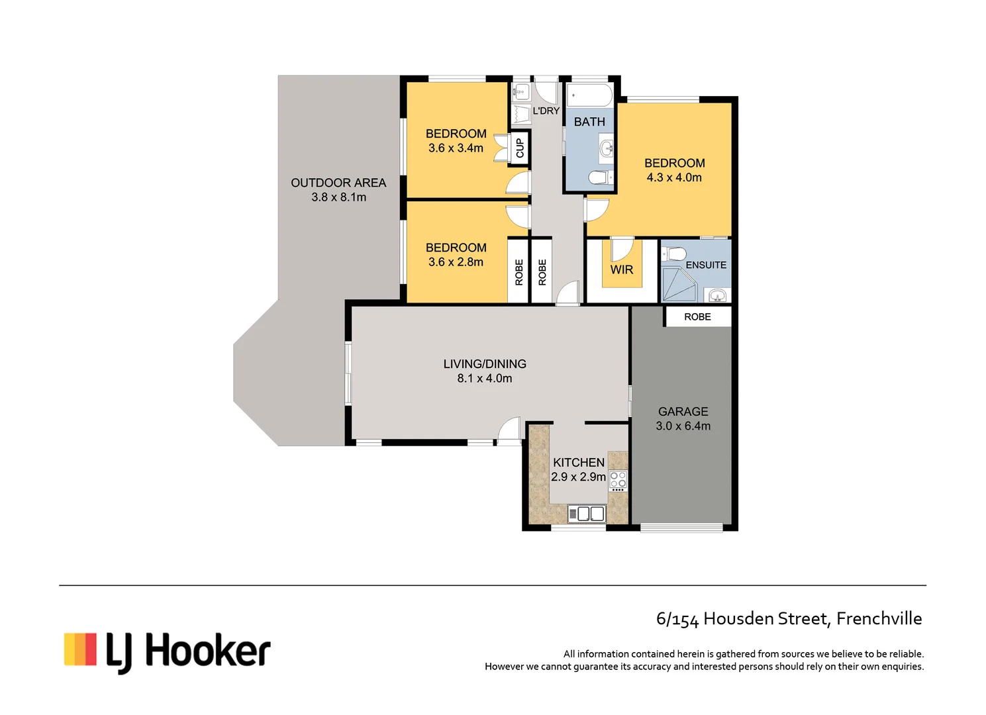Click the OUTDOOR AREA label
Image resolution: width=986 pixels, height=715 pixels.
338,183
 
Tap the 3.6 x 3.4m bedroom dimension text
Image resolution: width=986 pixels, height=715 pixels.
456,148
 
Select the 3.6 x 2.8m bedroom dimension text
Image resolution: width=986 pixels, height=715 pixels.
456,262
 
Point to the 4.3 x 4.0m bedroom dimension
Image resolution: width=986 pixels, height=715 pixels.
674,177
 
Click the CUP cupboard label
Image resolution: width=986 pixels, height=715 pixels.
519,148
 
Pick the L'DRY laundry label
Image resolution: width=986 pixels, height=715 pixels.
546,111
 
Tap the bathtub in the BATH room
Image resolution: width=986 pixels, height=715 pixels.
589,95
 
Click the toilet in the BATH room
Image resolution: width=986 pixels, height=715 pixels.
599,177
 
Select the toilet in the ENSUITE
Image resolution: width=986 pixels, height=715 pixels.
675,254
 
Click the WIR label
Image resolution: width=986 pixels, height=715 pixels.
621,269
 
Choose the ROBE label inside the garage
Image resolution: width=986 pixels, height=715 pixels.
697,317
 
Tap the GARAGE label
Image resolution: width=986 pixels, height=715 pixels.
683,412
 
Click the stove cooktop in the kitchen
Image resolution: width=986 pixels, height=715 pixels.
617,480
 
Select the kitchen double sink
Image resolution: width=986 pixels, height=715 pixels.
587,514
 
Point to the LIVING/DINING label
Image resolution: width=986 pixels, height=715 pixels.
485,364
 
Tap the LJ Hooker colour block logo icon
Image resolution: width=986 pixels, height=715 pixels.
80,649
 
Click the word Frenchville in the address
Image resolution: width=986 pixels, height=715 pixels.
879,618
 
